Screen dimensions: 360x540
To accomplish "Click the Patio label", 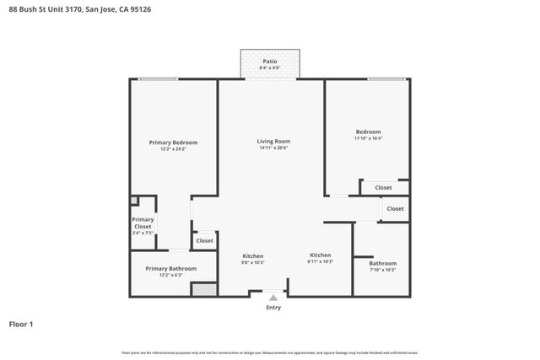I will (x=270, y=62).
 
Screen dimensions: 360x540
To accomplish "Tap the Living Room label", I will (x=273, y=141).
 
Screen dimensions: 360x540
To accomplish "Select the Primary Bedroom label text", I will (x=173, y=142).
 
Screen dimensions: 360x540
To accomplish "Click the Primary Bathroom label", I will (x=170, y=268).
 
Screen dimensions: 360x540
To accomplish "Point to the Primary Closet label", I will (x=143, y=223).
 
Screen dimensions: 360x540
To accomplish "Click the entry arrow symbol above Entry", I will (x=273, y=297).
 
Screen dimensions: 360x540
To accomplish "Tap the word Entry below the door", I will (x=273, y=308).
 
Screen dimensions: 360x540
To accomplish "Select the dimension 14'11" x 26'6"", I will (x=273, y=148).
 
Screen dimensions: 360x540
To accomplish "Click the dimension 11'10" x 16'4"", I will (x=368, y=139).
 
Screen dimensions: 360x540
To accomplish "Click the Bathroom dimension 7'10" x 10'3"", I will (x=382, y=270).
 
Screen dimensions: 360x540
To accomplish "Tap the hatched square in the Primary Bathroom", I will (x=202, y=289).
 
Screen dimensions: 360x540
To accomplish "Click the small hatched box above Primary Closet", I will (x=134, y=201).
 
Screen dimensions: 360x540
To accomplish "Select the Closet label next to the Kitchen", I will (x=204, y=241).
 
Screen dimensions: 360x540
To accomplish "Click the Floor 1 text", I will (x=21, y=324).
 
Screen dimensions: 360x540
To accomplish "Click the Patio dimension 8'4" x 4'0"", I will (x=270, y=68).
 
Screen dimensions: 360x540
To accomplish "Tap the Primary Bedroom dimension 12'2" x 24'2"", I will (x=173, y=149).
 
